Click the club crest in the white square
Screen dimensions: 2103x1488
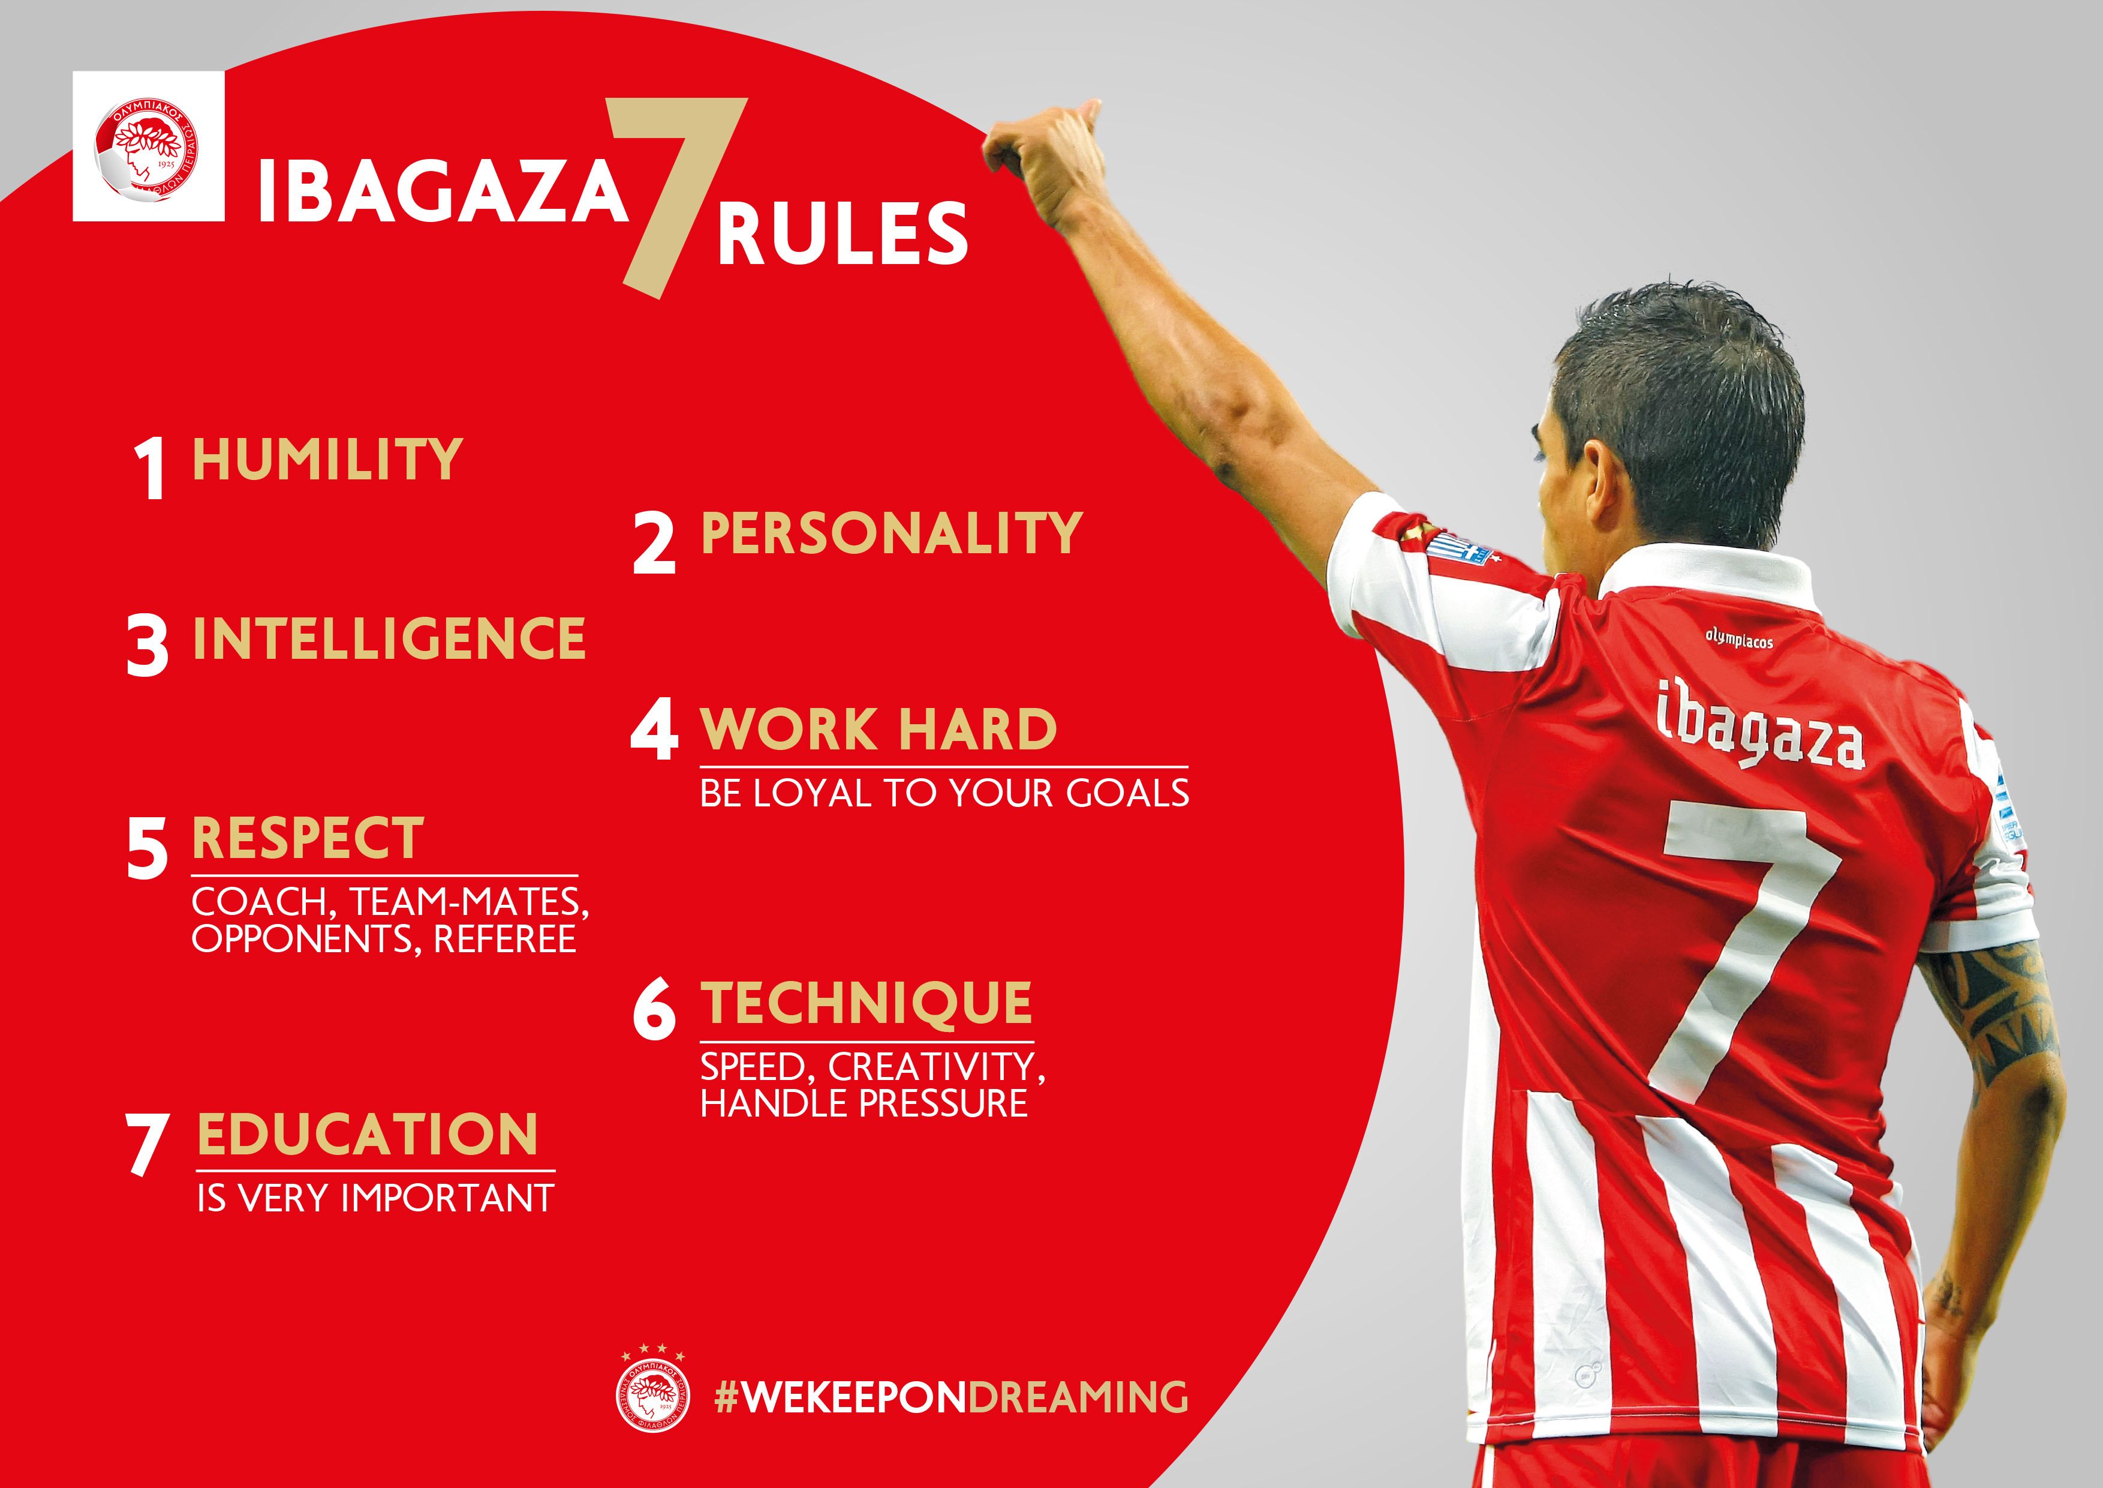[x=149, y=148]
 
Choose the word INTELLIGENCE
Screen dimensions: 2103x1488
[x=389, y=638]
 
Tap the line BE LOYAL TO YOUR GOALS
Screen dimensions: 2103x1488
[x=944, y=793]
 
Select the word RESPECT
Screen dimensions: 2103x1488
[x=308, y=838]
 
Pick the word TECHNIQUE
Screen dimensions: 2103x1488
[x=867, y=1003]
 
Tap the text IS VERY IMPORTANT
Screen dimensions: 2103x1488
[x=375, y=1198]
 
